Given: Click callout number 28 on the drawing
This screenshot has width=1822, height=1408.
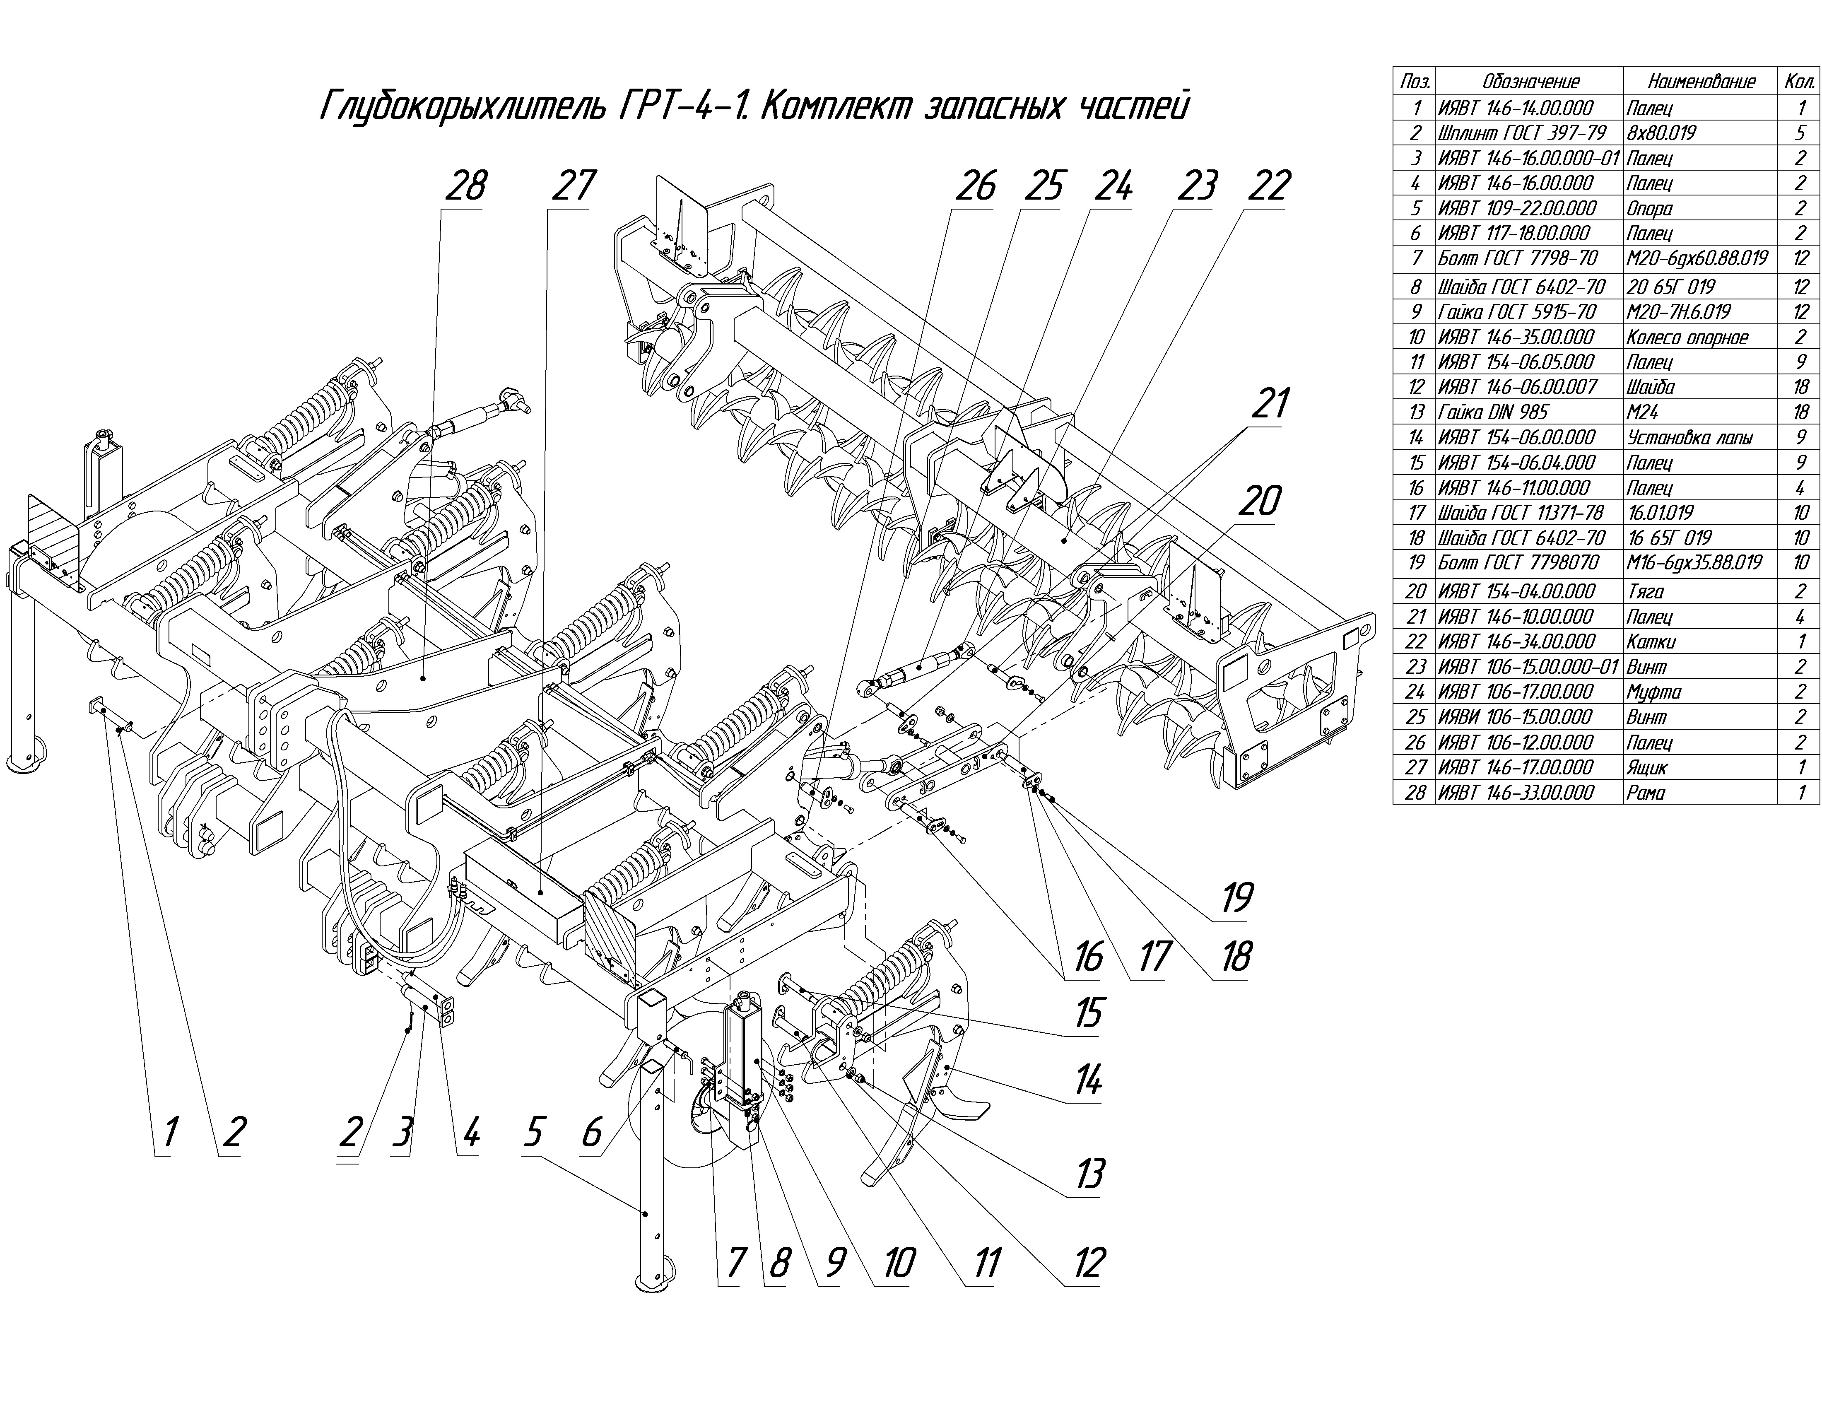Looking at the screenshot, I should pyautogui.click(x=465, y=185).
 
